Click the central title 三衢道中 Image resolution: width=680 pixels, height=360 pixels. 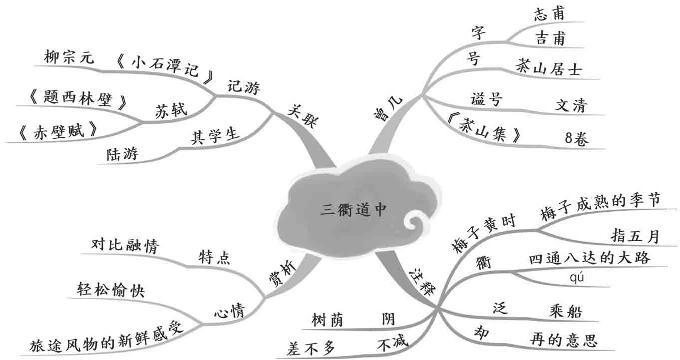point(353,210)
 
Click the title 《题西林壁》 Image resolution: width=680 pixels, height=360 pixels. point(77,97)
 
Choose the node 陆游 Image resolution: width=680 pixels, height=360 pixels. point(122,154)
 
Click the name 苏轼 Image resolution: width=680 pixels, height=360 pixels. point(171,110)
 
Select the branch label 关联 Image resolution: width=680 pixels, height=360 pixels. point(302,116)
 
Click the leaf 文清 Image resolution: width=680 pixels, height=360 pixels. point(572,105)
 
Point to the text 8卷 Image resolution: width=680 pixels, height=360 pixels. point(577,139)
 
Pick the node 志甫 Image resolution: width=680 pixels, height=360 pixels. point(549,13)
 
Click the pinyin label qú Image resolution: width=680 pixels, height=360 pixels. point(576,278)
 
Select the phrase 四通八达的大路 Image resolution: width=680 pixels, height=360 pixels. point(589,258)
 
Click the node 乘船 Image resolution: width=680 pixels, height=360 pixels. point(565,312)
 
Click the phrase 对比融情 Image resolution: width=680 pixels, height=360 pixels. point(124,245)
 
